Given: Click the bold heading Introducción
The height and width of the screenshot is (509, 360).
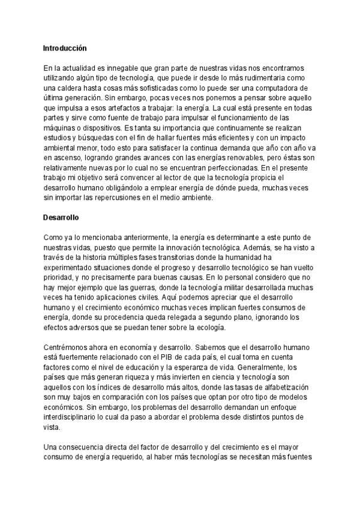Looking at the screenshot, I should [65, 47].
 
